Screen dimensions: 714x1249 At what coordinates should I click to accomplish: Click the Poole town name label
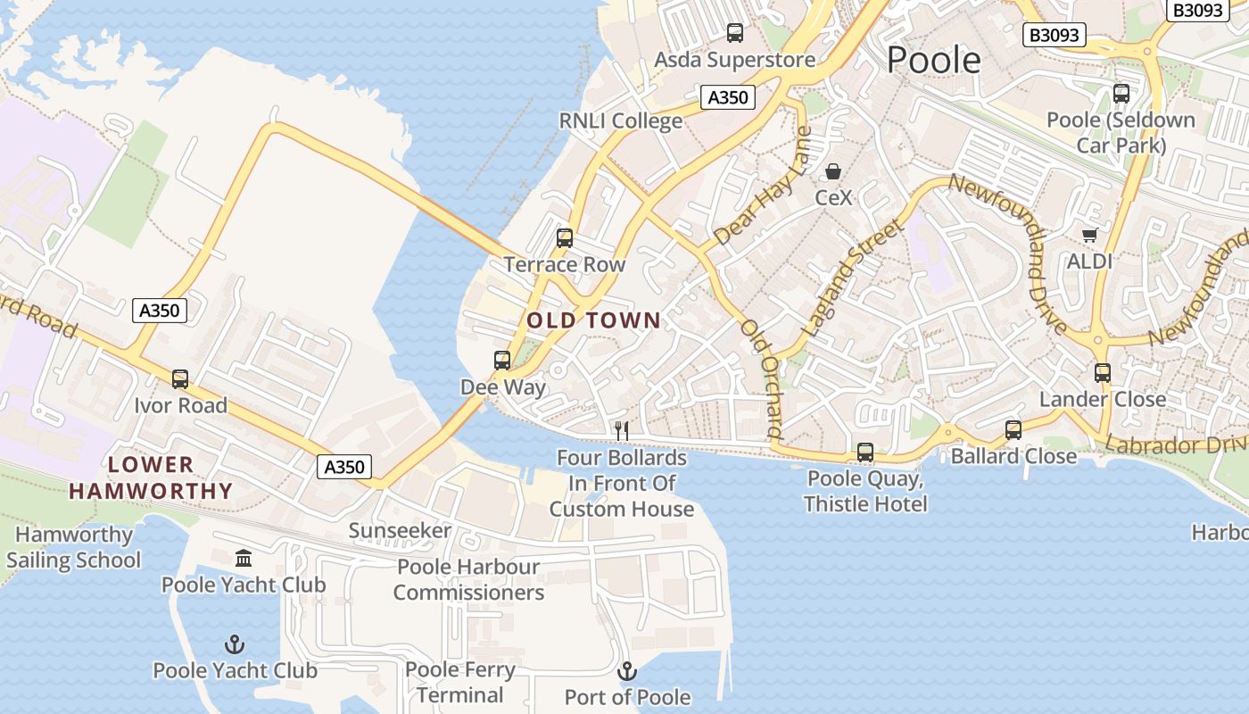click(x=933, y=60)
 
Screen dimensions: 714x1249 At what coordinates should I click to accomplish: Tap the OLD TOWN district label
click(x=594, y=320)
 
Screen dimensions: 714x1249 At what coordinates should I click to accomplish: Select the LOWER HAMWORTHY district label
click(x=151, y=477)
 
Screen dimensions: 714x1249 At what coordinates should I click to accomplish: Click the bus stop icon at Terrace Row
click(x=564, y=238)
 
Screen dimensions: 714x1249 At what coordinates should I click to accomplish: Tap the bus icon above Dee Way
click(x=502, y=361)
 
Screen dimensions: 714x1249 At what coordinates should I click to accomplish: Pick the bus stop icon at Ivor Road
click(x=180, y=379)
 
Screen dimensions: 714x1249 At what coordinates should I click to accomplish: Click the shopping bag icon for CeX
click(x=833, y=171)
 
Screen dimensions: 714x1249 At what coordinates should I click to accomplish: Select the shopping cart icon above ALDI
click(x=1089, y=236)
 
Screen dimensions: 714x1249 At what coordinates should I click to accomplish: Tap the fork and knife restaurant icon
click(x=622, y=431)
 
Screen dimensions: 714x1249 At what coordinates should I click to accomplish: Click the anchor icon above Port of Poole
click(x=627, y=671)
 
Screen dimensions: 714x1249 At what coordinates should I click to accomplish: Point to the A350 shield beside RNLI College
click(x=727, y=97)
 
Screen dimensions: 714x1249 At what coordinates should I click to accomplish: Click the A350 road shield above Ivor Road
click(x=161, y=311)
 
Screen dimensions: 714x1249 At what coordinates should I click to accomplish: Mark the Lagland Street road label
click(x=853, y=278)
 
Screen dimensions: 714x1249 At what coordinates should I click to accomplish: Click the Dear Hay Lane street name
click(x=764, y=187)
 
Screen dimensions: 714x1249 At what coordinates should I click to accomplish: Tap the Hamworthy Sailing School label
click(x=74, y=548)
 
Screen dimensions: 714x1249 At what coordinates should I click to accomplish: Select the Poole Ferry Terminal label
click(x=460, y=683)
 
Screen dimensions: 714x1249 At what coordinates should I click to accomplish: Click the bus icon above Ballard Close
click(x=1013, y=430)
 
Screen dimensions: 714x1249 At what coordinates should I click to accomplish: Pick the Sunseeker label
click(x=400, y=531)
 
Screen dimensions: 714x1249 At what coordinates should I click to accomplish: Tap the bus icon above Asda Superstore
click(x=735, y=33)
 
